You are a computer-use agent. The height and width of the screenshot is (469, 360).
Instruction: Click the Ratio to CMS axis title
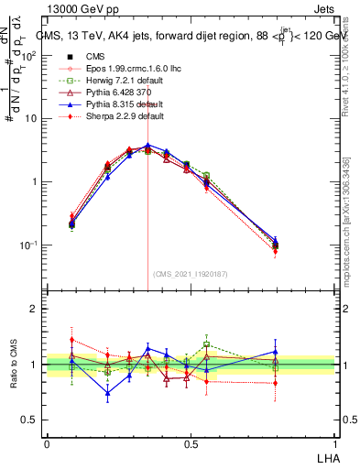13,364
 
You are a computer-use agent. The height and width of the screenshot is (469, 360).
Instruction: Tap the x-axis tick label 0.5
190,442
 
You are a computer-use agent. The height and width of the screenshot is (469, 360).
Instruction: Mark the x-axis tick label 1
334,442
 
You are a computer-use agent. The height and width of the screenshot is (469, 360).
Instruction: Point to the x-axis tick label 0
47,442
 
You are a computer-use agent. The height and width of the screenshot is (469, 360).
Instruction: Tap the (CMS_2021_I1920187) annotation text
189,274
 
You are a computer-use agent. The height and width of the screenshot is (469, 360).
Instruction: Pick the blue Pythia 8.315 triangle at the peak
148,145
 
